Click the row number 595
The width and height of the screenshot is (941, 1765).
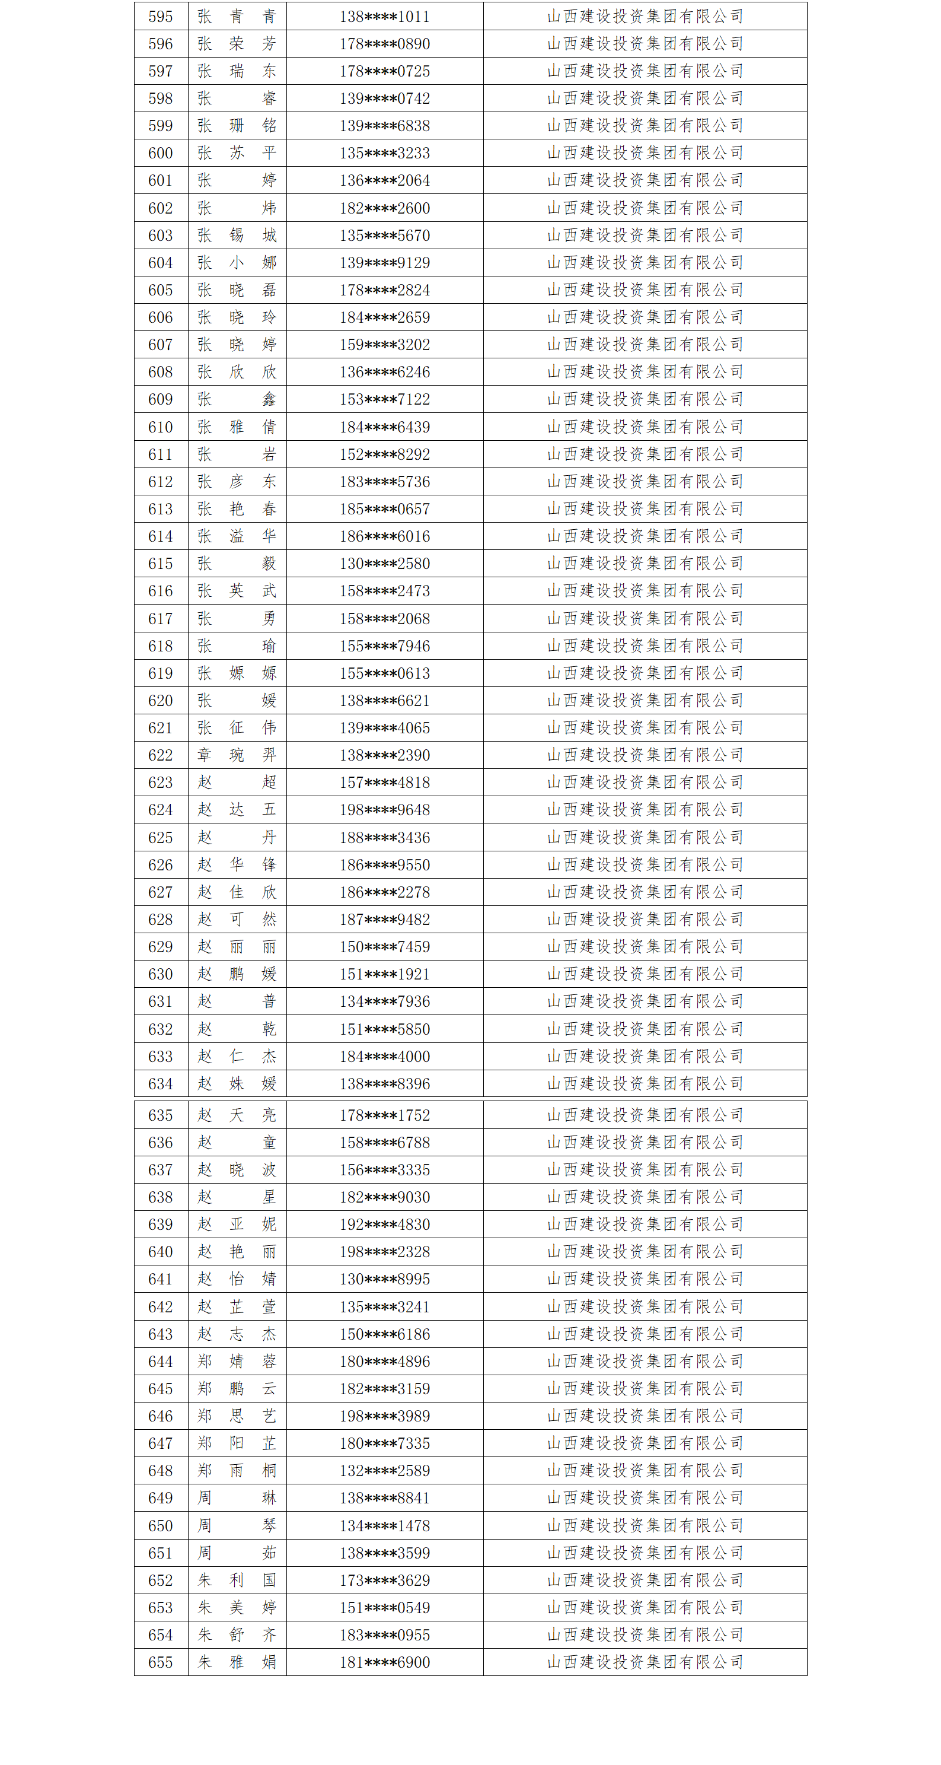point(160,17)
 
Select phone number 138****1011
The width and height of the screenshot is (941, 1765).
point(384,17)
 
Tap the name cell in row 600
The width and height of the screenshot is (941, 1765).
point(237,153)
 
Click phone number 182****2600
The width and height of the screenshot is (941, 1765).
point(384,208)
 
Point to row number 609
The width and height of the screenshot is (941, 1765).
point(160,399)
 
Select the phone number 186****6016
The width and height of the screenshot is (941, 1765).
point(384,536)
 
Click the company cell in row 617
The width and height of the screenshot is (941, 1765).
point(645,619)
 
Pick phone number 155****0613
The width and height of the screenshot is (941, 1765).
point(384,673)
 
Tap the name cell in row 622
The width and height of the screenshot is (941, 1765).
point(237,755)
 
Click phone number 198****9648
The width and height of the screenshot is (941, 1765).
point(384,810)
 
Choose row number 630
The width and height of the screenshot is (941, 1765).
point(160,974)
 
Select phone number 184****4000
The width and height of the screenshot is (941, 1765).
point(384,1057)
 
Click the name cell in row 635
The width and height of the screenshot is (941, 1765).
point(237,1115)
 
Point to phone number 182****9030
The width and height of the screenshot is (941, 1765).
point(384,1197)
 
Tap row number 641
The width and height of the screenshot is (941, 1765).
point(160,1279)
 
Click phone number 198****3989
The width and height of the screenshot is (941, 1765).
point(384,1416)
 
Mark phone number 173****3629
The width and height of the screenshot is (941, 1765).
point(384,1580)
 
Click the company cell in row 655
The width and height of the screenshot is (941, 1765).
point(645,1662)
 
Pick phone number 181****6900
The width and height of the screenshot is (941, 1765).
point(384,1662)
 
